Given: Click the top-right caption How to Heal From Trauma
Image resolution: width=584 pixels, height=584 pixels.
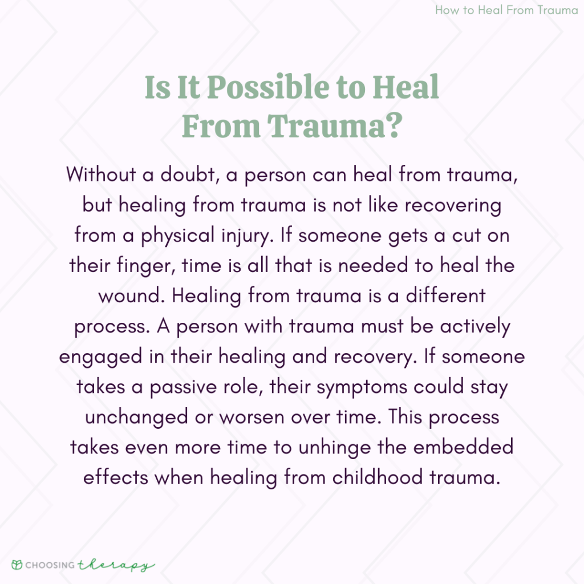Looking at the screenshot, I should [506, 10].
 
